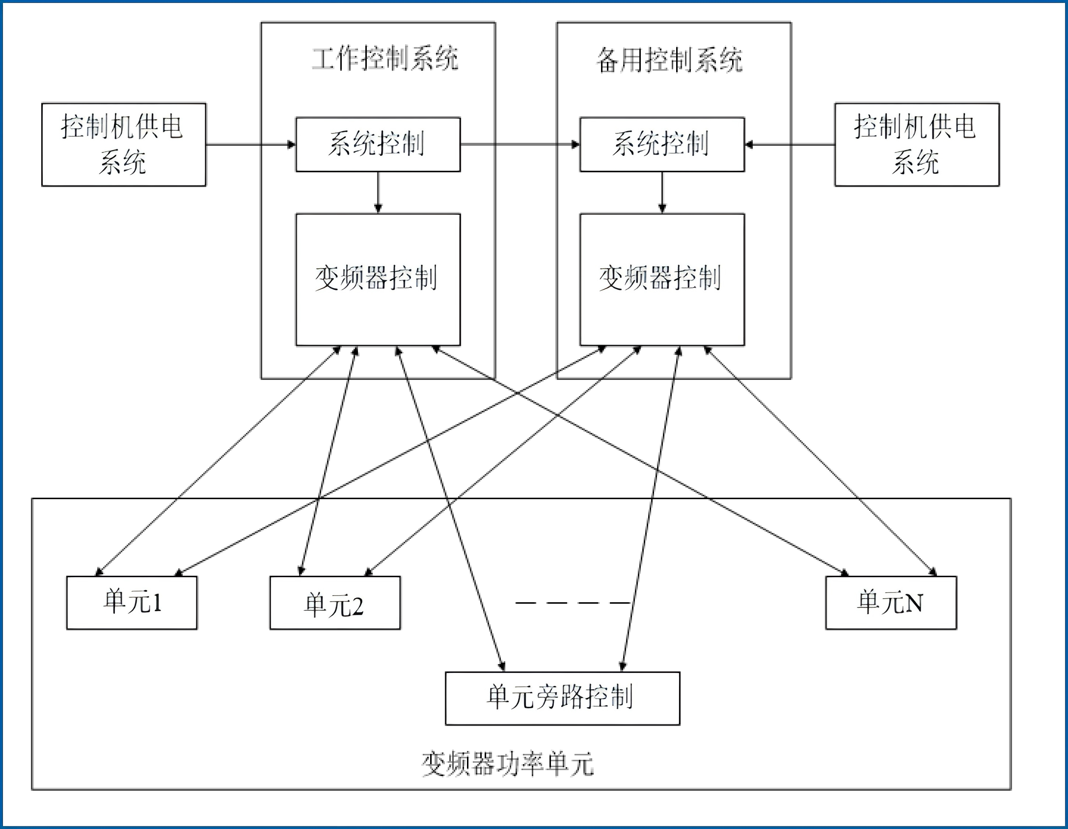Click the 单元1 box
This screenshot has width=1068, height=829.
click(131, 603)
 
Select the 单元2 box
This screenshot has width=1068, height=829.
click(335, 603)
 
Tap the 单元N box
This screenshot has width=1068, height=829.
click(891, 603)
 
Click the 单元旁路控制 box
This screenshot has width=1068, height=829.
click(562, 698)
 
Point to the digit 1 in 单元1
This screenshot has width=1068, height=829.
click(157, 602)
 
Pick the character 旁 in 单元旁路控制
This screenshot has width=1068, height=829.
click(548, 696)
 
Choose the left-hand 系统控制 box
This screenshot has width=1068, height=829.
click(378, 145)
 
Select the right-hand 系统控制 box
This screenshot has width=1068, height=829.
click(662, 145)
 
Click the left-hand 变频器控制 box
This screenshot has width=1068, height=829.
click(378, 280)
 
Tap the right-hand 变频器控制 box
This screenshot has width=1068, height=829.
click(662, 280)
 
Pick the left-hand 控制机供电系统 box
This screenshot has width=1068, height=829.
click(124, 145)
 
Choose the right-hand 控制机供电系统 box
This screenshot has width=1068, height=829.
click(917, 145)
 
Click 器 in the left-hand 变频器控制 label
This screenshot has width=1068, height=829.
click(376, 278)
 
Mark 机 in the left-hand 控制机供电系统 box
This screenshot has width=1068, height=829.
click(122, 127)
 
